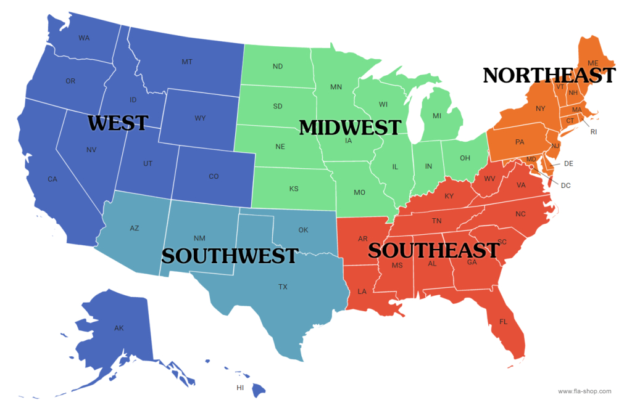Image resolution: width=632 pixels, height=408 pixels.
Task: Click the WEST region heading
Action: pyautogui.click(x=118, y=123)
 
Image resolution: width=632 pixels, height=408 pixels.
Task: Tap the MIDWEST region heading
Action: pyautogui.click(x=350, y=128)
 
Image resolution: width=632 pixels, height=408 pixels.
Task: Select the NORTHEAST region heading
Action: pyautogui.click(x=549, y=75)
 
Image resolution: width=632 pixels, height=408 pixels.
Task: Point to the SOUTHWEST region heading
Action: pyautogui.click(x=230, y=256)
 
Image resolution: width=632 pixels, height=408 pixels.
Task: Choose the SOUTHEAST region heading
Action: pyautogui.click(x=433, y=250)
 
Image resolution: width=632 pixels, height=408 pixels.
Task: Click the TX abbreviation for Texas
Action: pyautogui.click(x=283, y=287)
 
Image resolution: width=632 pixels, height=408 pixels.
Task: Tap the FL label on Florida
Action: pyautogui.click(x=503, y=321)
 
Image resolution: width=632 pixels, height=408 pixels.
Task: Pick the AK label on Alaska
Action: pyautogui.click(x=119, y=328)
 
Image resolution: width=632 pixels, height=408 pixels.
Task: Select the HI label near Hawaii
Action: pyautogui.click(x=241, y=388)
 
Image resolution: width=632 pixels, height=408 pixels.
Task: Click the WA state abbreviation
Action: pyautogui.click(x=85, y=38)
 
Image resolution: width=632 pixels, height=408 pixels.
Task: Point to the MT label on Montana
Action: pyautogui.click(x=187, y=62)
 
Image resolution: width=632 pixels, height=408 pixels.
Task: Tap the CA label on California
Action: pyautogui.click(x=52, y=179)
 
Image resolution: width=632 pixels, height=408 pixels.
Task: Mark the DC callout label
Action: pyautogui.click(x=565, y=185)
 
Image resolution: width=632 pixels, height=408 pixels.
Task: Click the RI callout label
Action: pyautogui.click(x=594, y=132)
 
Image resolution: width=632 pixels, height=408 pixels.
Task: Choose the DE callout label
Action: pyautogui.click(x=568, y=163)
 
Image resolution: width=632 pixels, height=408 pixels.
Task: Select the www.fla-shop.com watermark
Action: pyautogui.click(x=584, y=391)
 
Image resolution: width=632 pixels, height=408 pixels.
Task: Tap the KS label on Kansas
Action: pyautogui.click(x=294, y=189)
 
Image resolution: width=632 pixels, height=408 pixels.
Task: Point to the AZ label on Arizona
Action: pyautogui.click(x=135, y=228)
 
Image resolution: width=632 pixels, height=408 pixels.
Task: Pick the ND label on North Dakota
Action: pyautogui.click(x=278, y=67)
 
